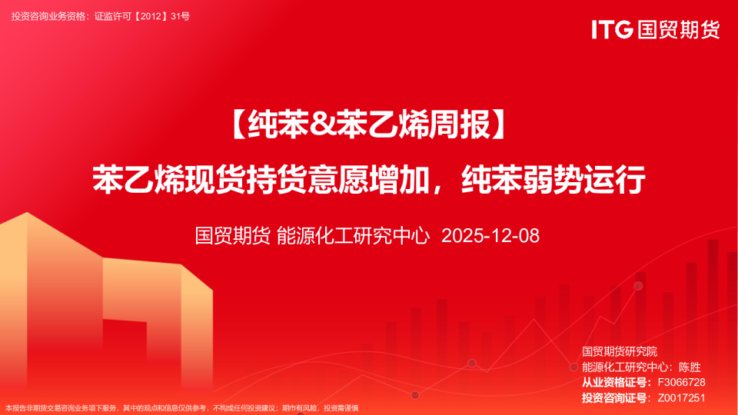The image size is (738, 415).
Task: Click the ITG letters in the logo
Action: coord(612,29)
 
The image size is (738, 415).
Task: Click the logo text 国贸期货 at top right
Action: coord(678,29)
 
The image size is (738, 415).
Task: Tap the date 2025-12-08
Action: coord(490,235)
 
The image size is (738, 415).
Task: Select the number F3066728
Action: coord(681,382)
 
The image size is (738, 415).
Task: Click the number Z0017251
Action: coord(681,397)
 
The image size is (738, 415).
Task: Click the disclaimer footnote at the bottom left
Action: coord(181,408)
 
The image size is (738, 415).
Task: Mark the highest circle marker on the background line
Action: coord(638,286)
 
